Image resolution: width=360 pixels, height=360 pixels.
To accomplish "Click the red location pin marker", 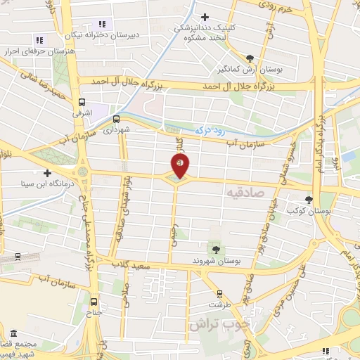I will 180,165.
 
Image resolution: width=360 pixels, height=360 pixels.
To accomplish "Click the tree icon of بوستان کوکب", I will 309,200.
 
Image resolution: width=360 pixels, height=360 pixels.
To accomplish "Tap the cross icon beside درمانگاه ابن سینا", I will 47,173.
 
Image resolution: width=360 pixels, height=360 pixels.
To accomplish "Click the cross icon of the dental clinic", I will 205,18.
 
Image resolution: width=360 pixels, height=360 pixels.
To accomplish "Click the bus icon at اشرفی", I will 83,101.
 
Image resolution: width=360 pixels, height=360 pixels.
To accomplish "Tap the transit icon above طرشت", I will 220,294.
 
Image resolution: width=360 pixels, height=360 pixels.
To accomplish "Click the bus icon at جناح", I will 96,304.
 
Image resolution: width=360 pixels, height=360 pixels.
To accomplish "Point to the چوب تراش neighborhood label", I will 219,325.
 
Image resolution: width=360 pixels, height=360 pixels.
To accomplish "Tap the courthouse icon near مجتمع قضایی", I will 13,332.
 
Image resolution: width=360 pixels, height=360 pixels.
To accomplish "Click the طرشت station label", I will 219,305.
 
